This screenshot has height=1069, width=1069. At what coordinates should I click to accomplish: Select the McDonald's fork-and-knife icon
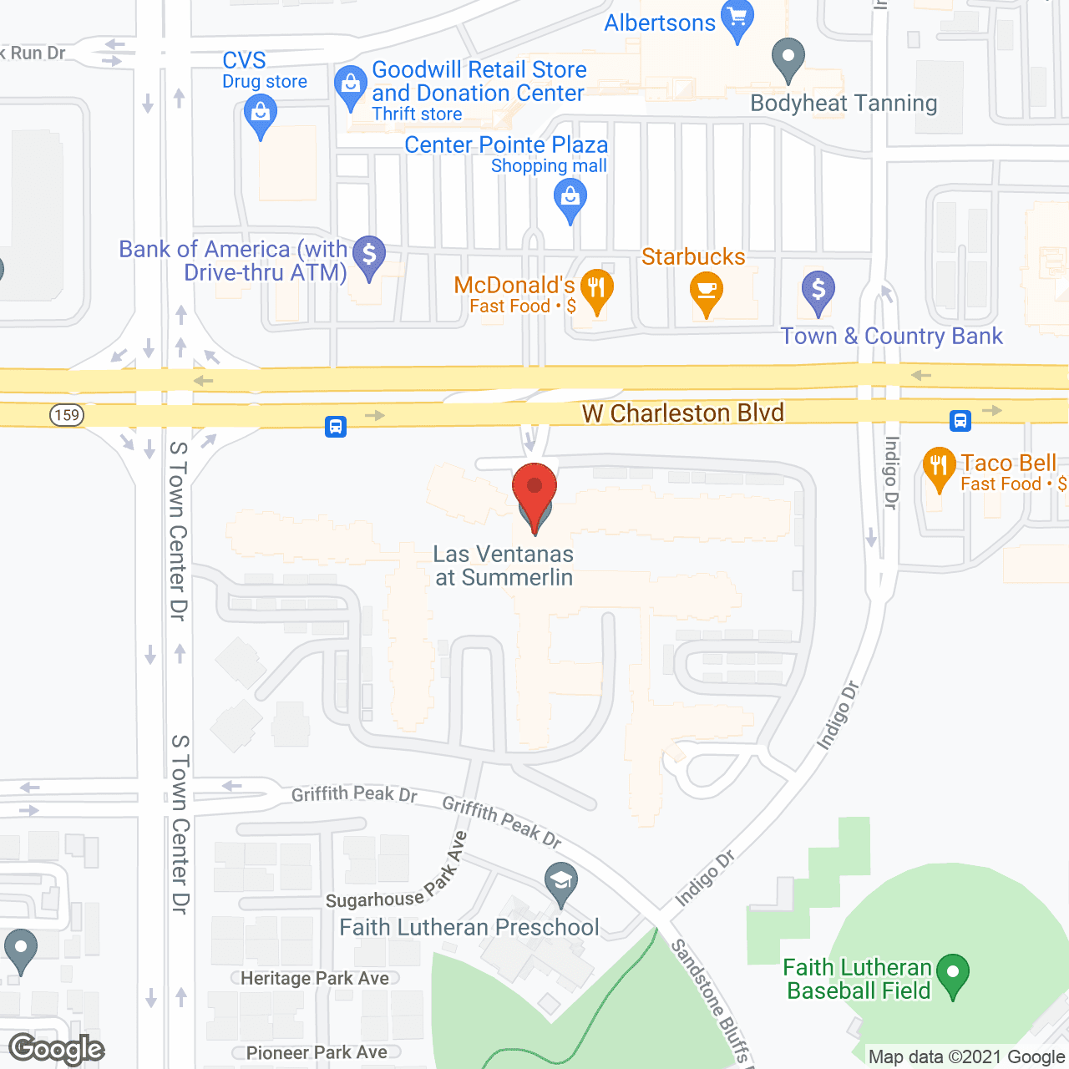pos(596,289)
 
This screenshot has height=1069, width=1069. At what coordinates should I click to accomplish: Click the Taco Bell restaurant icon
pos(940,467)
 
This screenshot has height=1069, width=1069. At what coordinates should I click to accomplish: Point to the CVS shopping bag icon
pos(261,114)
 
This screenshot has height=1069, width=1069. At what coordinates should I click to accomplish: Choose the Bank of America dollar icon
pos(368,255)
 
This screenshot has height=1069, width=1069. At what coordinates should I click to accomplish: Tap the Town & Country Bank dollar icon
pos(818,291)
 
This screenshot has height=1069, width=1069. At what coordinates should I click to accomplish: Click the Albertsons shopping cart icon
pos(738,18)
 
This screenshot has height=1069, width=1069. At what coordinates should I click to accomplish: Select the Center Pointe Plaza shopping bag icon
pos(570,200)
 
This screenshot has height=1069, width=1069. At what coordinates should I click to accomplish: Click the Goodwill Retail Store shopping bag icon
pos(351,85)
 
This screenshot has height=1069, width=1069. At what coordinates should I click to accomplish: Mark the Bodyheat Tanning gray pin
pos(788,58)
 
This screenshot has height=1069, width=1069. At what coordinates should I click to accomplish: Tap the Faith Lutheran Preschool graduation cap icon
pos(561,881)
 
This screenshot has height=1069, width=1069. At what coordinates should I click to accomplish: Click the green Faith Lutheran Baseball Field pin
pos(953,974)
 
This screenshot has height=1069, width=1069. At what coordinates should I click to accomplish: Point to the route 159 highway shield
pos(67,415)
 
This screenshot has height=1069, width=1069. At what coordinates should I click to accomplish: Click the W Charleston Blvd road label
pos(683,413)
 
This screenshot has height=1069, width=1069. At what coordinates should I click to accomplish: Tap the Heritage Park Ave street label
pos(315,979)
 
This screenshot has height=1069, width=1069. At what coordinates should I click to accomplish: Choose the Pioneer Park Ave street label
pos(317,1053)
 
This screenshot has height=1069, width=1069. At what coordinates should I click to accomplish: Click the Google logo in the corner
pos(57,1049)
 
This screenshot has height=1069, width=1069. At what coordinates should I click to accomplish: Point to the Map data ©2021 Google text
pos(966,1057)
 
